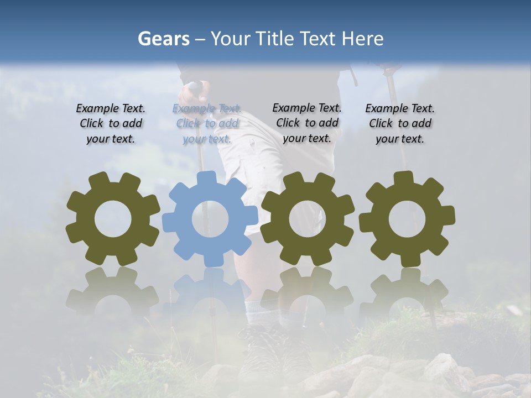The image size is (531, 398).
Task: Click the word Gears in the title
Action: tap(163, 39)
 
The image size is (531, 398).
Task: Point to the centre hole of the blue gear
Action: tap(210, 219)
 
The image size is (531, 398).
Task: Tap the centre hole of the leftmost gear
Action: tap(113, 219)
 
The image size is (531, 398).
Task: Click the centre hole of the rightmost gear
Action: tap(407, 219)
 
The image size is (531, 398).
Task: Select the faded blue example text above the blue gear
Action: tap(207, 124)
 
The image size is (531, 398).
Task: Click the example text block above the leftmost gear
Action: tap(111, 124)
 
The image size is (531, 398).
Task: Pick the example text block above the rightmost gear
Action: tap(400, 124)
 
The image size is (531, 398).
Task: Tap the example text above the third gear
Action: tap(307, 123)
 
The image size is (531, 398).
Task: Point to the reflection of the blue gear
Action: tap(210, 293)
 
